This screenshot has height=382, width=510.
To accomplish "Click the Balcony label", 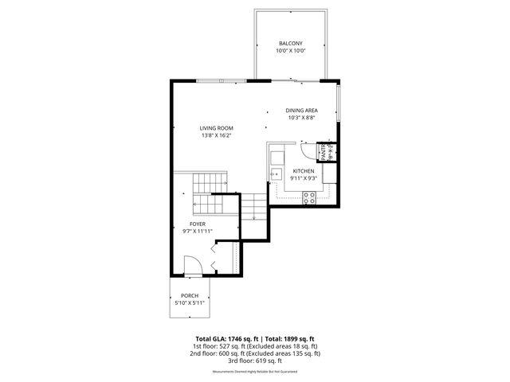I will click(290, 43).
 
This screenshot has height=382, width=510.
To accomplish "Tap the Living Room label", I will click(216, 127).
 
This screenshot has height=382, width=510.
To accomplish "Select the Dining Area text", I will click(302, 110).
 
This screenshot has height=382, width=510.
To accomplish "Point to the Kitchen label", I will click(304, 171).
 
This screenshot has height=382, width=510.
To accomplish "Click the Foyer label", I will click(198, 224).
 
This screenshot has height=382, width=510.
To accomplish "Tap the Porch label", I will click(190, 295).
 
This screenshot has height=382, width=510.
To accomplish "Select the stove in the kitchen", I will click(309, 200).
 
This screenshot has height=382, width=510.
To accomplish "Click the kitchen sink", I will click(276, 173).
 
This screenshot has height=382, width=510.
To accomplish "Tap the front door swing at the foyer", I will click(192, 266).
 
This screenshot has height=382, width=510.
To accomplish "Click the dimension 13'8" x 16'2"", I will click(216, 135).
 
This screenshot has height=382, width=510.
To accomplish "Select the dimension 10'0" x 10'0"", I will click(290, 51).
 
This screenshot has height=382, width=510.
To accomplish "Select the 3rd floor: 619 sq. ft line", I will click(254, 361).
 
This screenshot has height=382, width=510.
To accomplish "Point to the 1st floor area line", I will click(254, 346).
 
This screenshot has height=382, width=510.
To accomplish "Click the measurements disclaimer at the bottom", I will click(254, 372).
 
